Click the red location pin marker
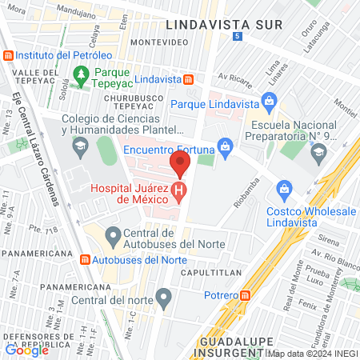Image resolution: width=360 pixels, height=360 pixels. (180, 166)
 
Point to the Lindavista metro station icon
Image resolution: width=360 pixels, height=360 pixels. (189, 79)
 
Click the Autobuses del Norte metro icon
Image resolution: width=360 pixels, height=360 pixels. (85, 260)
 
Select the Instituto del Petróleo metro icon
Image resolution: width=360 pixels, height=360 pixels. (9, 55)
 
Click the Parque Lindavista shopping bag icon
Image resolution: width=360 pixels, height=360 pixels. (270, 103)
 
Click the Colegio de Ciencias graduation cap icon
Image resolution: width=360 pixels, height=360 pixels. (80, 147)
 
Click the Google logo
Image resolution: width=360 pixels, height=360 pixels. (27, 349)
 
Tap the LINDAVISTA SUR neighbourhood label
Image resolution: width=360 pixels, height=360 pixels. (224, 24)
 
